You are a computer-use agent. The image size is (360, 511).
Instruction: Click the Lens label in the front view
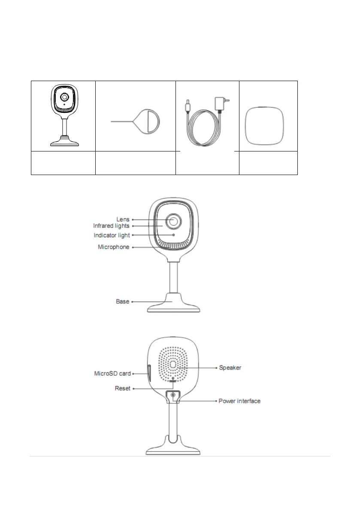pyautogui.click(x=123, y=220)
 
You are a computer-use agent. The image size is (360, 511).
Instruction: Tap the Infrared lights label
pyautogui.click(x=111, y=226)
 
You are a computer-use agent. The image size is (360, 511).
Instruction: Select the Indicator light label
pyautogui.click(x=112, y=235)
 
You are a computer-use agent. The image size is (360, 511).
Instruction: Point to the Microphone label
pyautogui.click(x=113, y=247)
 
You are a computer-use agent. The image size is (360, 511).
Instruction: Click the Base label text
pyautogui.click(x=123, y=302)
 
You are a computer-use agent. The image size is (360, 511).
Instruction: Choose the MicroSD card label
pyautogui.click(x=112, y=374)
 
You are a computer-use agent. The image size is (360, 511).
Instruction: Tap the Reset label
pyautogui.click(x=122, y=388)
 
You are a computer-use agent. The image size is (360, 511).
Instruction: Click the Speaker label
pyautogui.click(x=230, y=368)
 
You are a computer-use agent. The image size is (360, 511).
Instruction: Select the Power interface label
pyautogui.click(x=239, y=401)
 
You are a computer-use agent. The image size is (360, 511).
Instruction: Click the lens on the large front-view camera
pyautogui.click(x=174, y=221)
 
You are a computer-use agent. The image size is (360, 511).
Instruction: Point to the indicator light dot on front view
pyautogui.click(x=174, y=235)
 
